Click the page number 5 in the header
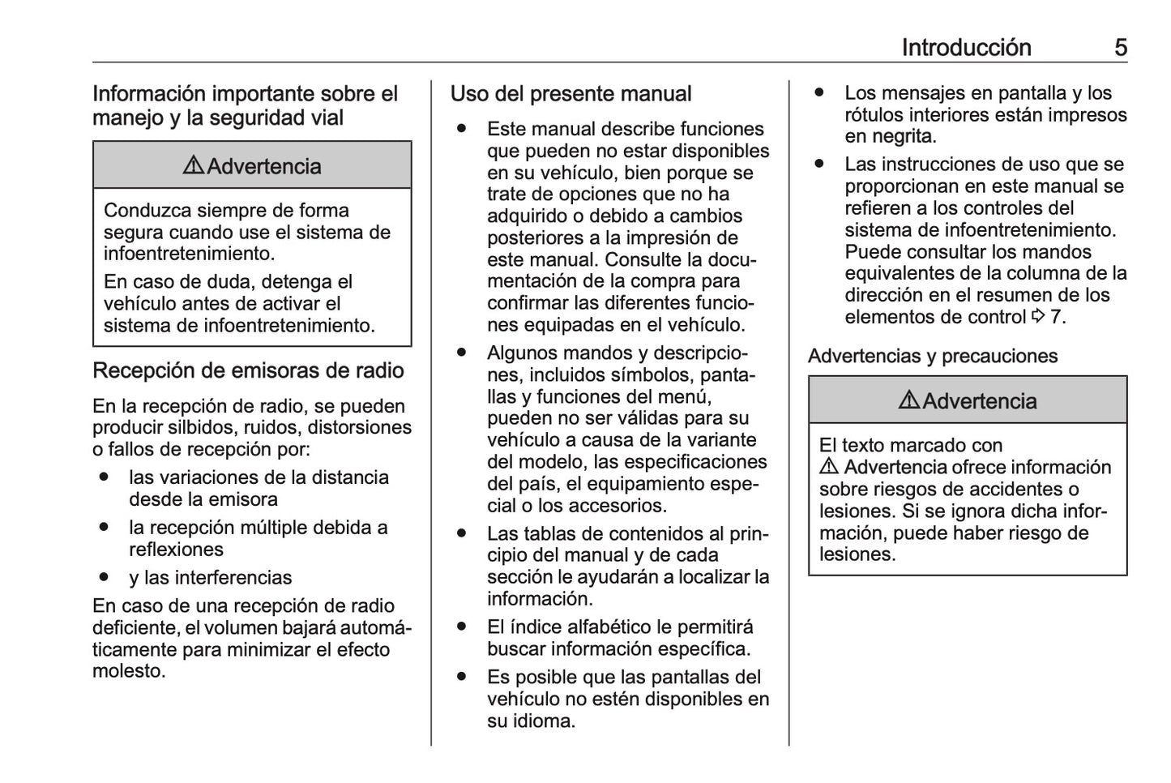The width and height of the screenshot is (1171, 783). (1120, 48)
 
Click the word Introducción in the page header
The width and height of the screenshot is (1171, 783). (966, 48)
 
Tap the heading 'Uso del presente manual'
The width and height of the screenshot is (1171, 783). (571, 94)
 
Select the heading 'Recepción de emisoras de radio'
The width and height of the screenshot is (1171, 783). (248, 370)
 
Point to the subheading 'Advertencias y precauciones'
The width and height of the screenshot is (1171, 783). (933, 356)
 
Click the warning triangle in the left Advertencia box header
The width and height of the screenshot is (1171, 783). (193, 166)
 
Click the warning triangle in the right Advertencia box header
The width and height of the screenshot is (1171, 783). (908, 401)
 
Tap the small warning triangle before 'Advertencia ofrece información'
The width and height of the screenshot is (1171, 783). (828, 468)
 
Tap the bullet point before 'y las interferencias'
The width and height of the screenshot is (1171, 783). (103, 578)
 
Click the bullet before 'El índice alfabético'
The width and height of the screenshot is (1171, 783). (461, 627)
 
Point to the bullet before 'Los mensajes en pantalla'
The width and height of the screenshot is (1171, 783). (819, 93)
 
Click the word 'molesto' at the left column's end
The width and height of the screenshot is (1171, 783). (127, 671)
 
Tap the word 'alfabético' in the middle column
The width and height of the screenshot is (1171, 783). (609, 627)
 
